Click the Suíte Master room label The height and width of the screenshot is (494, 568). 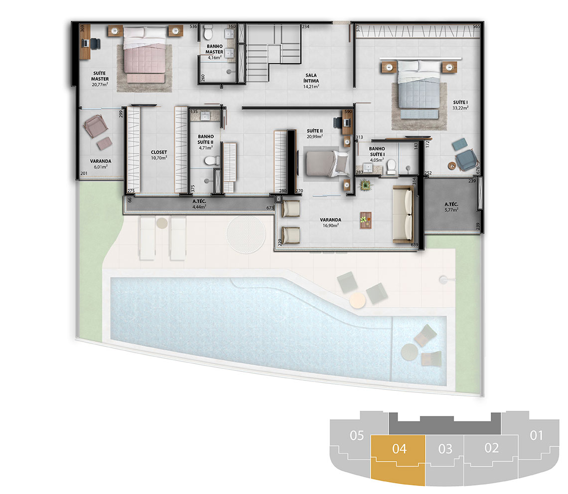pos(100,79)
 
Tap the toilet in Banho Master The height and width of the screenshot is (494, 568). pos(208,33)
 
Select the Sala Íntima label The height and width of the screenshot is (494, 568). pos(311,81)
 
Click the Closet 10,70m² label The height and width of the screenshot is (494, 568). pos(158,155)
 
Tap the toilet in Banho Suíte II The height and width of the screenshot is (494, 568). pos(212,160)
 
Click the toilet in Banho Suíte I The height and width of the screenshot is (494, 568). pos(391,167)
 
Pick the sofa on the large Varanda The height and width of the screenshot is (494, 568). pos(403,214)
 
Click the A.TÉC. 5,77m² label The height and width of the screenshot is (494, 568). pos(451,207)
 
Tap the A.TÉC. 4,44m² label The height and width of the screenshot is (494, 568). pos(199,204)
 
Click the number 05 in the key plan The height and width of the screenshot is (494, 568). pos(357,435)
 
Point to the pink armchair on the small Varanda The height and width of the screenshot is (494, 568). pos(95,126)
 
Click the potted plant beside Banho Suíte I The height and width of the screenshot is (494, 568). pos(366,185)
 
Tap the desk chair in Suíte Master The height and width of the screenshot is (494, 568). pos(95,44)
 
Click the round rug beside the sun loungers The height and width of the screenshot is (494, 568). pos(246,234)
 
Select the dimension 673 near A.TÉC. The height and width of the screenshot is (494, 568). pos(270,208)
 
